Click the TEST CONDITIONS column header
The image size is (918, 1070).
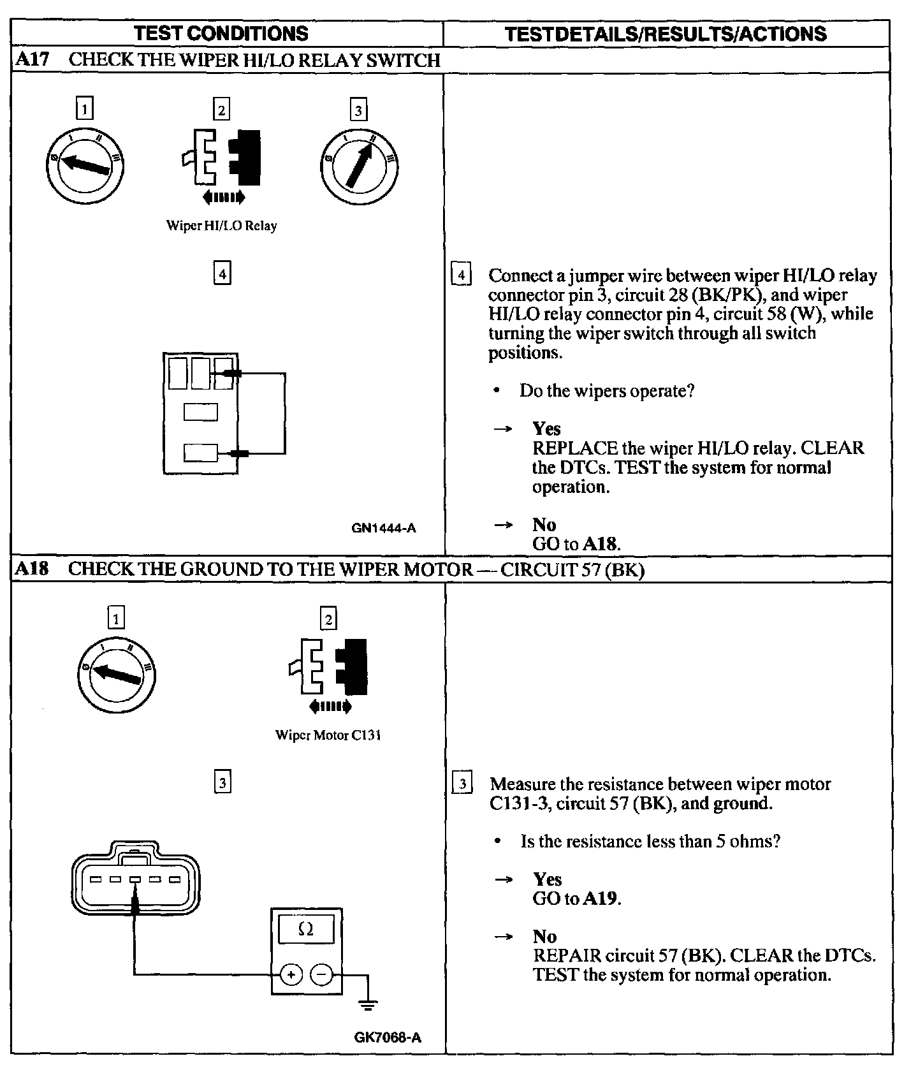click(222, 33)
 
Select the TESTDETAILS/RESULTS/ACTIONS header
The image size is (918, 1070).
click(666, 34)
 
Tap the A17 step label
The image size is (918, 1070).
click(31, 60)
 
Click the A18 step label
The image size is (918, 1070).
click(31, 569)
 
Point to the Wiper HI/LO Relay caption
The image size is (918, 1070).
click(221, 226)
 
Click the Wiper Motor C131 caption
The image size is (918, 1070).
click(328, 735)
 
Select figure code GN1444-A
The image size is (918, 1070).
click(384, 527)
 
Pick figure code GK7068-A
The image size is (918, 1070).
click(388, 1037)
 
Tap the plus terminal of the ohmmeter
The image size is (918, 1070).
click(291, 974)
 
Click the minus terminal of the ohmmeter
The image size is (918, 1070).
click(322, 974)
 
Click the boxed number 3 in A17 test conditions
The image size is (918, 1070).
click(358, 111)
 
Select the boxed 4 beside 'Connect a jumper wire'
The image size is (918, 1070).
click(461, 275)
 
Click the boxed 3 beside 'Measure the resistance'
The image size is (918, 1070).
click(462, 784)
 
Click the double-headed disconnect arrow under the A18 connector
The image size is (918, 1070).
click(329, 707)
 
